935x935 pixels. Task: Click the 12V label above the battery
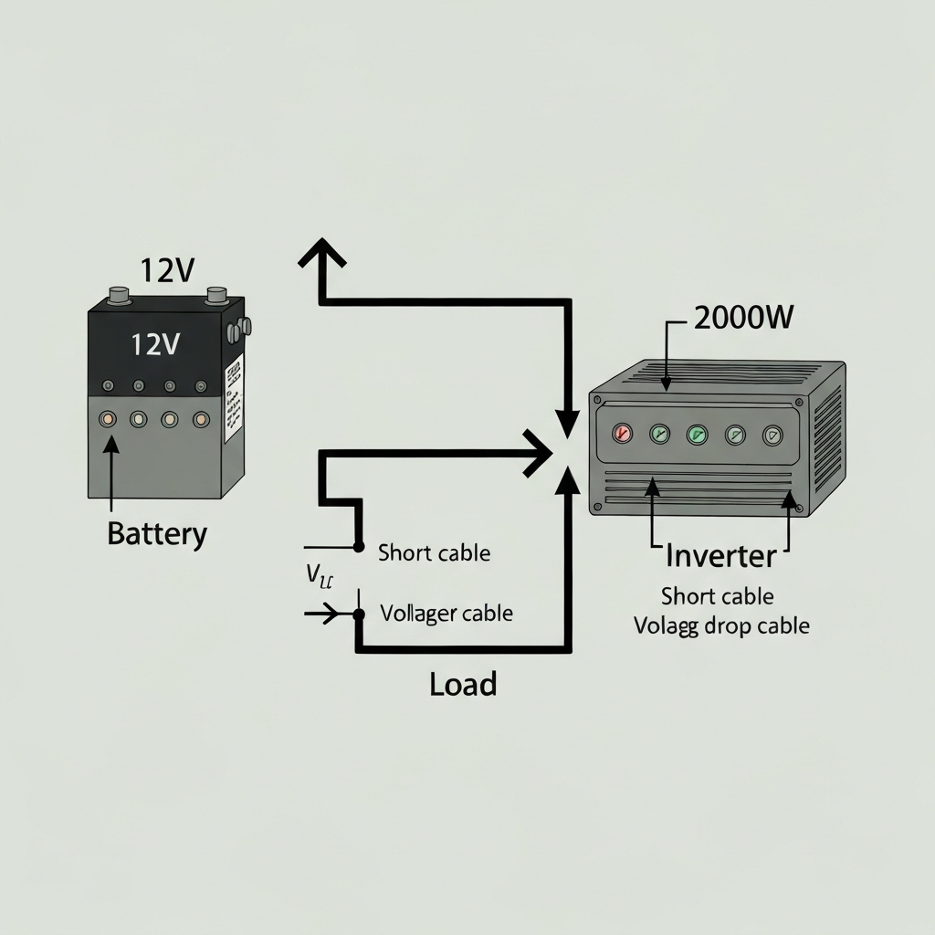tap(167, 270)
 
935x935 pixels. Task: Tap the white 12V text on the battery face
tap(155, 344)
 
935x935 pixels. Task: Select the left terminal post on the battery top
tap(120, 295)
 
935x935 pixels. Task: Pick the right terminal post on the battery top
tap(216, 295)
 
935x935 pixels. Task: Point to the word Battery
tap(157, 533)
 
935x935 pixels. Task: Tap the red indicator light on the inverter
tap(623, 433)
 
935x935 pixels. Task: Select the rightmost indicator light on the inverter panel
tap(773, 436)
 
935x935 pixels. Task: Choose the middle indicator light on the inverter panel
tap(698, 434)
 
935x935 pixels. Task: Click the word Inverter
tap(720, 555)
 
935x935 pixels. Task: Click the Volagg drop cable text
tap(721, 626)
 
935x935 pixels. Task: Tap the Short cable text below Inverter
tap(717, 596)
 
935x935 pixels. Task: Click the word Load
tap(463, 684)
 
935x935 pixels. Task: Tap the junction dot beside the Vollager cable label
tap(359, 614)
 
